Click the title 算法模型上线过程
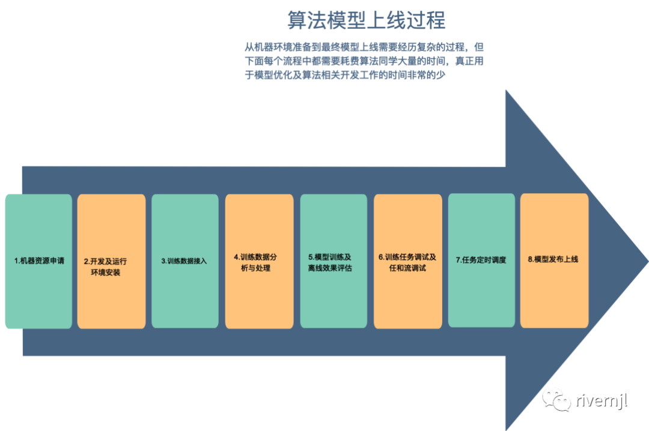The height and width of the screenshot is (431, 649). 366,20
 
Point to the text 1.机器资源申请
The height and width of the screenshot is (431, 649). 39,261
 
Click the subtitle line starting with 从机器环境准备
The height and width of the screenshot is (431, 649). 364,47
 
